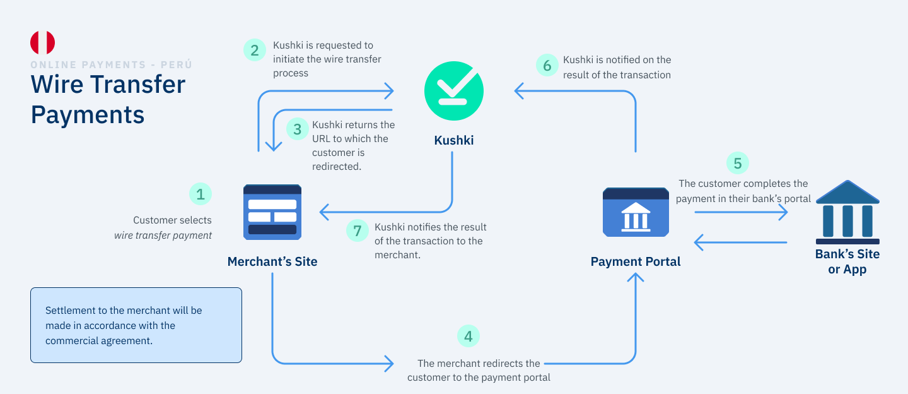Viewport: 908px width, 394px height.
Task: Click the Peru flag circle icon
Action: (x=42, y=42)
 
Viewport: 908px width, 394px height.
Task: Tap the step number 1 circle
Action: (x=201, y=194)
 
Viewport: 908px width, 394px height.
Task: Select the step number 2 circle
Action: (x=254, y=50)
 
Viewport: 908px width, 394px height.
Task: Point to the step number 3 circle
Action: (x=297, y=129)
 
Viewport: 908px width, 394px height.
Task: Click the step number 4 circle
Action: (x=468, y=337)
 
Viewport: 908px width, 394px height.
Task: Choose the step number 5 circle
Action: (x=737, y=164)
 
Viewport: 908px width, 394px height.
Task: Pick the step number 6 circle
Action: (x=547, y=65)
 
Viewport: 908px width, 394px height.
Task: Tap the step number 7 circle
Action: (x=357, y=231)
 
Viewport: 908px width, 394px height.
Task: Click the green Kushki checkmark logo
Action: (x=453, y=91)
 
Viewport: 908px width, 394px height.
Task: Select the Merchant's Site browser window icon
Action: (x=272, y=212)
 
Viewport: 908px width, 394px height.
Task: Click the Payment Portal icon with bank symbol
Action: (x=636, y=212)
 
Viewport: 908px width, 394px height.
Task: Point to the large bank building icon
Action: (x=847, y=212)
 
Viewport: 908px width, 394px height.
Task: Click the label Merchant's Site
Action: (x=272, y=261)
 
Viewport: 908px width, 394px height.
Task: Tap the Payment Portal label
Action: (x=636, y=261)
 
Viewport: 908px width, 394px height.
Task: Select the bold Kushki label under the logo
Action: (x=453, y=140)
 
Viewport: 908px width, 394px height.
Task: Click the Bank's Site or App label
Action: (x=847, y=261)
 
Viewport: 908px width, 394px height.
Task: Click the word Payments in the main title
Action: (x=88, y=115)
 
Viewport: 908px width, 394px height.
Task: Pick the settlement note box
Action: (x=136, y=325)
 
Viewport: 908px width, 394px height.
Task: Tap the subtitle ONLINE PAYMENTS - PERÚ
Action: (x=111, y=64)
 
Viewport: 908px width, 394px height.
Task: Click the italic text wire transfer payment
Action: (x=163, y=236)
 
